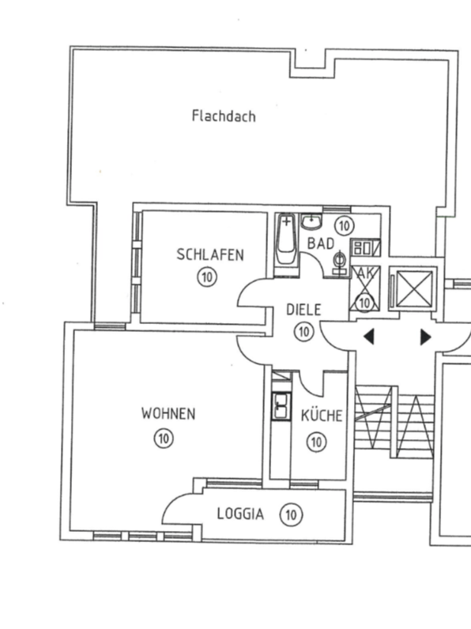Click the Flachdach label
click(224, 116)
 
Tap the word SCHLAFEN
click(210, 254)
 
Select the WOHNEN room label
click(168, 413)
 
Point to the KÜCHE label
click(322, 415)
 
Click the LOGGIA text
click(241, 514)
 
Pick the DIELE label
click(303, 310)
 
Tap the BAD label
click(321, 243)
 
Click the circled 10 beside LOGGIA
click(292, 514)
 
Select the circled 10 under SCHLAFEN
click(207, 277)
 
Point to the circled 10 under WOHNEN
click(164, 439)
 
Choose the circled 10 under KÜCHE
click(317, 442)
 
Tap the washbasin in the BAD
click(311, 222)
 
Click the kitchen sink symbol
click(281, 406)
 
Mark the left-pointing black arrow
click(369, 337)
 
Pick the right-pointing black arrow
click(426, 337)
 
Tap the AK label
click(364, 273)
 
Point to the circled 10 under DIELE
click(303, 332)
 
